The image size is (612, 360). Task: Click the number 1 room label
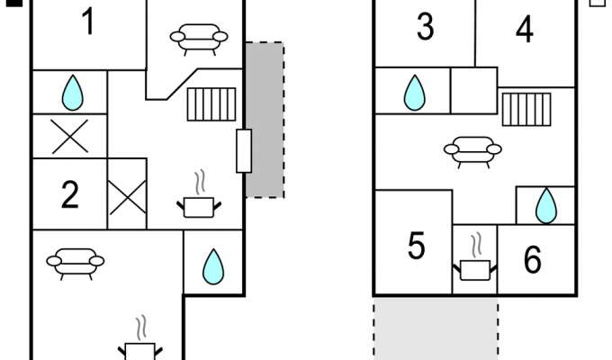tap(88, 22)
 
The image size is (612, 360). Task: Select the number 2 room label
tap(70, 194)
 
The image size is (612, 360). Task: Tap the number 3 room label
tap(425, 27)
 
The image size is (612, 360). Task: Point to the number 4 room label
tap(525, 30)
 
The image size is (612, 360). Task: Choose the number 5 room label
tap(416, 246)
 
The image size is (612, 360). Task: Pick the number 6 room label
tap(533, 260)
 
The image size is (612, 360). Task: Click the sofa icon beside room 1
tap(199, 40)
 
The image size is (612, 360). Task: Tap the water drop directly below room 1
tap(73, 93)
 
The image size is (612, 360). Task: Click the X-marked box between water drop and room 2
tap(70, 136)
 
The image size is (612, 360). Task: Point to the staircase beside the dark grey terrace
tap(211, 104)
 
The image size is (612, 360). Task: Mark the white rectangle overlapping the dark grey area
tap(244, 150)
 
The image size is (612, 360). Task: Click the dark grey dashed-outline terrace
tap(265, 120)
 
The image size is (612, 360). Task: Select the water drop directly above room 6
tap(546, 206)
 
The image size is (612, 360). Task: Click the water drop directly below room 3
tap(415, 93)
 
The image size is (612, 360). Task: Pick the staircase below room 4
tap(526, 109)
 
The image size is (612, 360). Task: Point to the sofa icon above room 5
tap(472, 152)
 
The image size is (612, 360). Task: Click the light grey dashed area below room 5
tap(436, 328)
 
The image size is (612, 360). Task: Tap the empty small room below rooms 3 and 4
tap(473, 91)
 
